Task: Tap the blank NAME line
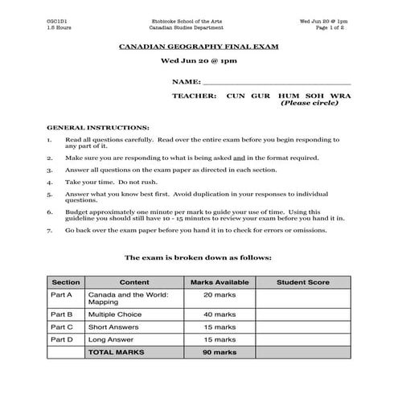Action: (x=277, y=82)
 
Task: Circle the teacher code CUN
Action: (x=236, y=96)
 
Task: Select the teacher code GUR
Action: (x=263, y=96)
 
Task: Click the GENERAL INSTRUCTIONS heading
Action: (x=98, y=127)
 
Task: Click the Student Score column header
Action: (x=303, y=283)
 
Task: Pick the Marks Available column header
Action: (x=219, y=283)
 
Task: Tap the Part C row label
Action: (x=62, y=327)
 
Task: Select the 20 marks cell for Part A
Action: (x=219, y=295)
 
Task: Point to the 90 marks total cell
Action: (x=219, y=352)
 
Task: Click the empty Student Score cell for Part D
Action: (x=303, y=340)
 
